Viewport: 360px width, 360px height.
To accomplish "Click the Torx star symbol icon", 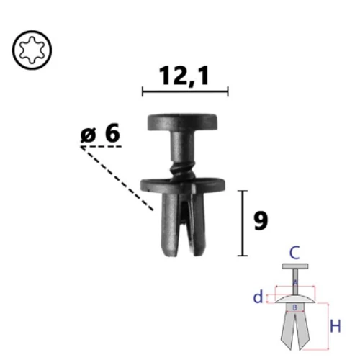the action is tap(32, 50).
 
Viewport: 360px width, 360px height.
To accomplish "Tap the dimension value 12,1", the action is tap(184, 76).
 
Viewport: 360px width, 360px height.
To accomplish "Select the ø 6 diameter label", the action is tap(100, 132).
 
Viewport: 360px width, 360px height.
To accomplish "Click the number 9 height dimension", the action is tap(261, 221).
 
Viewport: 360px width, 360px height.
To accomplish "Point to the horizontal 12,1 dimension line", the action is tap(185, 91).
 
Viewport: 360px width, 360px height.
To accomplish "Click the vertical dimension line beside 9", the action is tap(243, 223).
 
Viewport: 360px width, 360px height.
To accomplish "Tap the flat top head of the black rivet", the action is tap(182, 122).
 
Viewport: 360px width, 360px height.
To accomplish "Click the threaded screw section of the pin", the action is tap(182, 171).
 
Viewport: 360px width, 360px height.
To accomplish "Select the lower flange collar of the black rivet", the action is tap(183, 185).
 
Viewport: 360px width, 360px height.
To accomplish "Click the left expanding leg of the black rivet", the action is tap(170, 225).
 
